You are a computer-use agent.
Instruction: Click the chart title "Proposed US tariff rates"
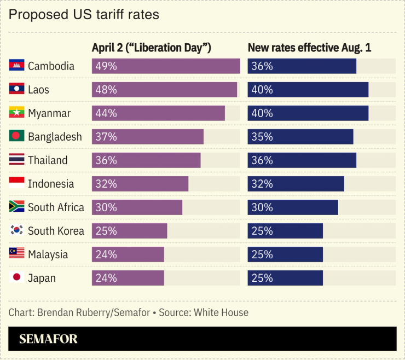point(84,15)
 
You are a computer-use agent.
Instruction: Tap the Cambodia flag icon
point(16,66)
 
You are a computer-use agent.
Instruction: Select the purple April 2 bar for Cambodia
point(166,66)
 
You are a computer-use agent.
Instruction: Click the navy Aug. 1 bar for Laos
point(308,90)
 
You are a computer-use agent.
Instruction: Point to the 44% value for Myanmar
point(106,113)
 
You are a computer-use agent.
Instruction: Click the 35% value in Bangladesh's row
point(262,137)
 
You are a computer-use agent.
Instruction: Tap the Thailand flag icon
point(16,160)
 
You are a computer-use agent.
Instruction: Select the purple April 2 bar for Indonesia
point(140,184)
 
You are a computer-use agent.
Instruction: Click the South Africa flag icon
point(16,207)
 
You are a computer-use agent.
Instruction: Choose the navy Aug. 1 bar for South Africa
point(293,207)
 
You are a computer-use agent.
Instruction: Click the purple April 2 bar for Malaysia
point(128,254)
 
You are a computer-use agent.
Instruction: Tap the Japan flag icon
point(16,278)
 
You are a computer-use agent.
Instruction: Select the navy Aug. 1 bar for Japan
point(285,278)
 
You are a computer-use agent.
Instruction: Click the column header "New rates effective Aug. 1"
point(309,48)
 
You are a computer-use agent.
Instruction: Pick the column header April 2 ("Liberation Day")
point(151,48)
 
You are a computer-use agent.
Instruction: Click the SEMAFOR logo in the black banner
point(48,339)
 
